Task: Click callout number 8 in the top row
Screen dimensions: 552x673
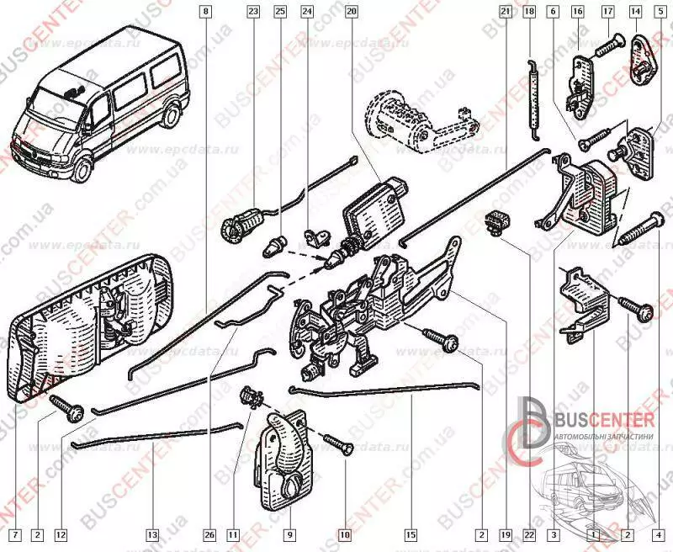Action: coord(207,11)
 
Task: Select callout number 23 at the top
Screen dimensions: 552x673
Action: coord(253,11)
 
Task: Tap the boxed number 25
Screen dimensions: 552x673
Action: coord(280,11)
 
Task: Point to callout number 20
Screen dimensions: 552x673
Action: coord(351,11)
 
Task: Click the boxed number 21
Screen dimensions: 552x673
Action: coord(506,11)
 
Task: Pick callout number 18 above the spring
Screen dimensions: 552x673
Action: coord(528,11)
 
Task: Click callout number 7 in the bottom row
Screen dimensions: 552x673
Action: coord(13,533)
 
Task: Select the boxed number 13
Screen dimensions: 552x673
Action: coord(151,533)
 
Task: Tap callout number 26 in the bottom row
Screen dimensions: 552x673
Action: coord(209,533)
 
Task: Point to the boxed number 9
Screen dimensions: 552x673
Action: coord(289,533)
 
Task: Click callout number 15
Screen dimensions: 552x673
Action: coord(411,533)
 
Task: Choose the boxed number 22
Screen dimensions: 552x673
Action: coord(528,533)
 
